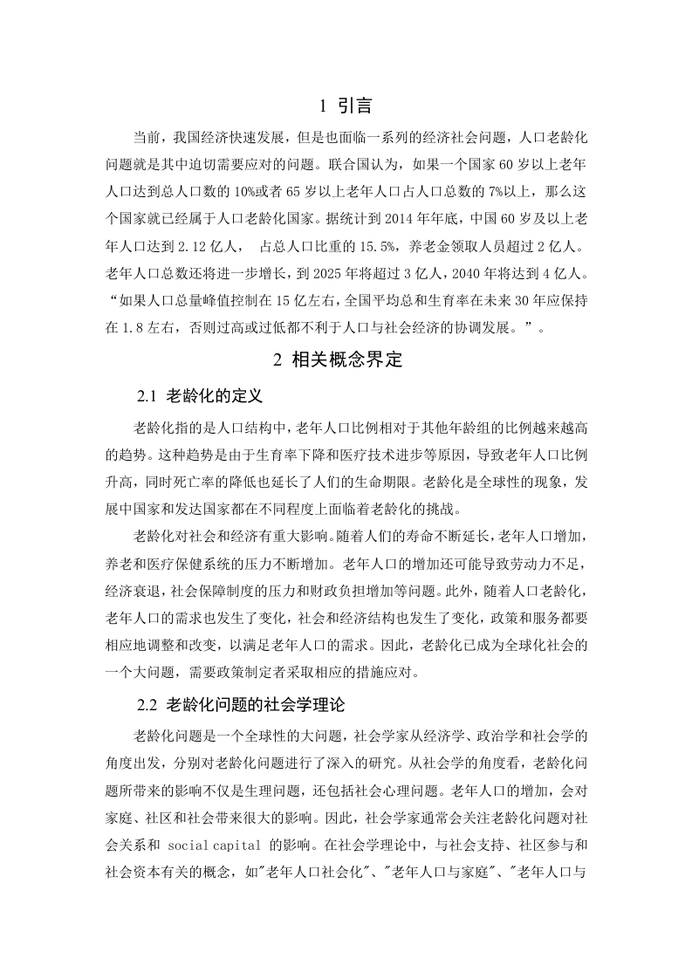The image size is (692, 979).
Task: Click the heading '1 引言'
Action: [x=346, y=106]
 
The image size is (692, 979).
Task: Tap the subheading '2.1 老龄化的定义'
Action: [x=200, y=396]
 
